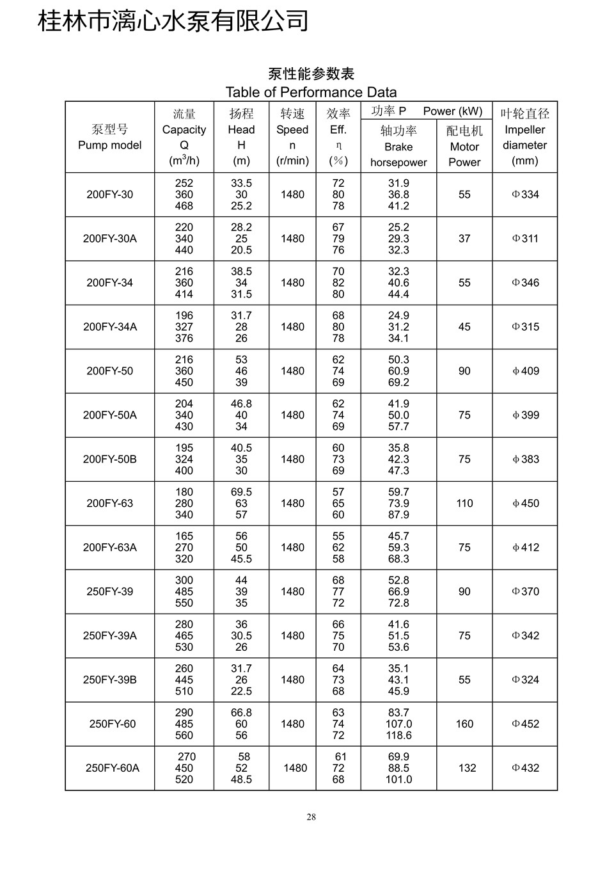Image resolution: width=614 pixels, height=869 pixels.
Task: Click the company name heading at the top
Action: tap(173, 22)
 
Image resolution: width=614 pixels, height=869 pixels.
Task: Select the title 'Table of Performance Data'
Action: tap(311, 92)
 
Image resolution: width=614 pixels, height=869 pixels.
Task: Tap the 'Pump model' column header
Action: tap(110, 145)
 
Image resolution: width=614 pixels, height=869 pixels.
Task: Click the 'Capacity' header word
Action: tap(184, 130)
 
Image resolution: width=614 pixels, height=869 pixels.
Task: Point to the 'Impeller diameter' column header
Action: tap(524, 138)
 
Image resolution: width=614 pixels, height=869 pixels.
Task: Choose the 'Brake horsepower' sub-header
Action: tap(398, 154)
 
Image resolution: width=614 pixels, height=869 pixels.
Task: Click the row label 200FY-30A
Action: tap(110, 239)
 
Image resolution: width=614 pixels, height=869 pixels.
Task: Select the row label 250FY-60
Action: tap(113, 724)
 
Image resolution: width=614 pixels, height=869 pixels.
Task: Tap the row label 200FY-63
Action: tap(110, 504)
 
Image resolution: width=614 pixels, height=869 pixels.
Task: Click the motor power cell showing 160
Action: tap(464, 724)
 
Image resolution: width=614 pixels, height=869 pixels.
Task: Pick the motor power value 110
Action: tap(464, 504)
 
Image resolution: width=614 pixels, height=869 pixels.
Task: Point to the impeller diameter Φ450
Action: tap(525, 504)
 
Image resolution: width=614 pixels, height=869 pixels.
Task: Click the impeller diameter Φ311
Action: tap(525, 239)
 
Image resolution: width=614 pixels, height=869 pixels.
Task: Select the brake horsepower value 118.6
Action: tap(398, 735)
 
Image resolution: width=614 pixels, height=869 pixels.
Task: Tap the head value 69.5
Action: tap(241, 492)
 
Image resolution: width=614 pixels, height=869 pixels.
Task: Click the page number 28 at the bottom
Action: tap(311, 817)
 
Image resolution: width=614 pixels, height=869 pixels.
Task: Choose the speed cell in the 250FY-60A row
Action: tap(295, 768)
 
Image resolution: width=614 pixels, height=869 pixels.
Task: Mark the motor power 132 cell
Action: tap(467, 768)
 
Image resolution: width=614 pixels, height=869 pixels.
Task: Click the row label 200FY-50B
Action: tap(110, 459)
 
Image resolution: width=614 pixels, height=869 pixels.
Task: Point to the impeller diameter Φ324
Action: tap(525, 680)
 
